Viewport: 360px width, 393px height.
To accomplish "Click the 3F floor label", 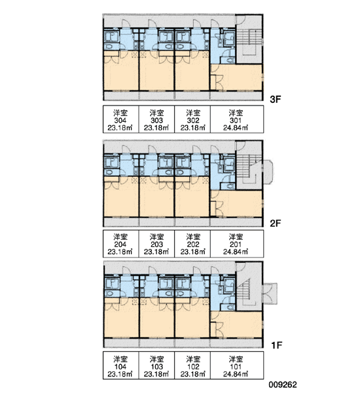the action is point(276,100).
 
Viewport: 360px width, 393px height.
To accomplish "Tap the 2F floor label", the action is point(276,223).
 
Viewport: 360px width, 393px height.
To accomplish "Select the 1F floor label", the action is point(277,345).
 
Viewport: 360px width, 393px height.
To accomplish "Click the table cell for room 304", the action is point(120,119).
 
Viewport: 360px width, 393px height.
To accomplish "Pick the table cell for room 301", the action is point(237,119).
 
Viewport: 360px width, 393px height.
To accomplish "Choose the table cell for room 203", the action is point(156,244).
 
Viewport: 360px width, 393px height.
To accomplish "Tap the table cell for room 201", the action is point(237,244).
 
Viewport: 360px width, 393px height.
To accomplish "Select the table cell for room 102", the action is point(192,365).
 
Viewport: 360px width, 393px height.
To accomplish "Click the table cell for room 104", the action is point(120,365).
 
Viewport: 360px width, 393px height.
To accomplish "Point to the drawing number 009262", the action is point(283,384).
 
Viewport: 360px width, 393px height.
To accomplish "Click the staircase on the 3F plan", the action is point(249,41).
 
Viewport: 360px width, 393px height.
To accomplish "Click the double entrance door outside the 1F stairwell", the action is point(270,293).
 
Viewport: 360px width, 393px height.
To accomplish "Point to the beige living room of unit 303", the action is point(156,73).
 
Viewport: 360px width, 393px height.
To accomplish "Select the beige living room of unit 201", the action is point(237,203).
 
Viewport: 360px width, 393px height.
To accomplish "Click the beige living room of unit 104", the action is point(121,320).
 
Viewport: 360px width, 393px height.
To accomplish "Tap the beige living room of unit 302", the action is point(192,73).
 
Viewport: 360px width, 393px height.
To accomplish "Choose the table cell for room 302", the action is point(192,119).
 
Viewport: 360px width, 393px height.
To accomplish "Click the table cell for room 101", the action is point(237,365).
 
